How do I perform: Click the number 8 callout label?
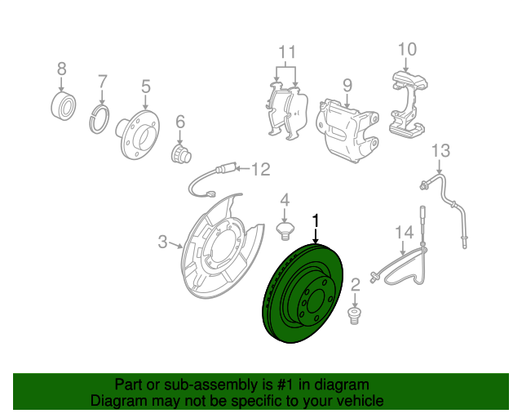point(62,69)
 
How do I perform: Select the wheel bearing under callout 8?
point(64,105)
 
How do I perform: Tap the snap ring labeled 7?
point(100,119)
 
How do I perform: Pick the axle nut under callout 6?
point(180,154)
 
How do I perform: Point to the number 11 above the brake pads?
point(287,52)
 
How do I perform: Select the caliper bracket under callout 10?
point(409,104)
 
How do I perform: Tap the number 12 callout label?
point(261,169)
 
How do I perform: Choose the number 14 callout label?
point(405,233)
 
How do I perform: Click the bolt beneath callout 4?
point(285,231)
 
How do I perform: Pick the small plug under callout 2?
point(354,316)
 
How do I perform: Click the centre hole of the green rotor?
point(316,301)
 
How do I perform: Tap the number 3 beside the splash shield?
point(162,242)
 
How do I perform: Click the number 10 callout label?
point(407,49)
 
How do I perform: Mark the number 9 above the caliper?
point(347,86)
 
